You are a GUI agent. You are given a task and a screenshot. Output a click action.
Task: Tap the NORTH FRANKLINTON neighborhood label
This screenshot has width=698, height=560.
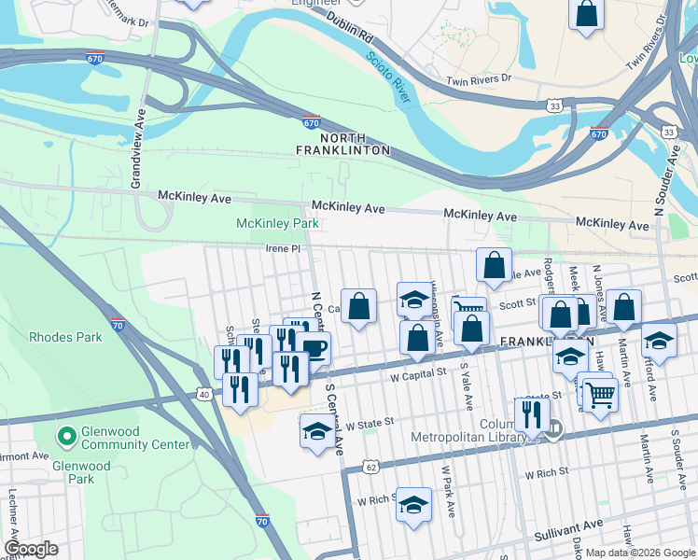(342, 144)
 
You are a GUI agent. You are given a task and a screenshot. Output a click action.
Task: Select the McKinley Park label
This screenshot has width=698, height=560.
(277, 223)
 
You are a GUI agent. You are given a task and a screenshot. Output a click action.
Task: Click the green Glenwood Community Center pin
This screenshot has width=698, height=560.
(66, 436)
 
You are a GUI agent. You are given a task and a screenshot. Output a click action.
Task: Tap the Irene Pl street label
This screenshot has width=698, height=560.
(283, 249)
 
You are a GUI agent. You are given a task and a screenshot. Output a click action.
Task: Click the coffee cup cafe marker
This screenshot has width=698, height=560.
(314, 349)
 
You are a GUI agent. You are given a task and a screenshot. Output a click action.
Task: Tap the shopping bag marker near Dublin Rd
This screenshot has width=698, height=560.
(586, 14)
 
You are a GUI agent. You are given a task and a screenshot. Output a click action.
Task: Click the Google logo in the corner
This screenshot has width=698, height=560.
(31, 549)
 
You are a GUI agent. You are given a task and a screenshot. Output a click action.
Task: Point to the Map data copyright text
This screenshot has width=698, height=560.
(641, 553)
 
